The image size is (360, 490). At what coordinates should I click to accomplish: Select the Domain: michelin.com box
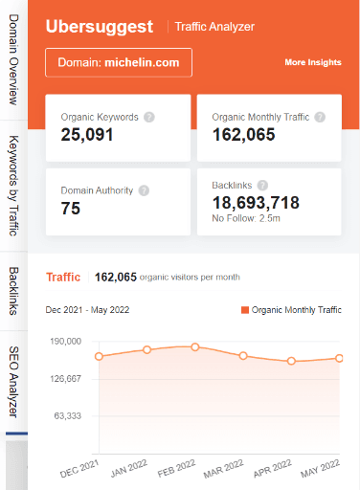coord(119,62)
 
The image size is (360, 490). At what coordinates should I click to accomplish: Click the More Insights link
coord(312,63)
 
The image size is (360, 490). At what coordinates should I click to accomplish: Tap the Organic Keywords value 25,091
coord(87,135)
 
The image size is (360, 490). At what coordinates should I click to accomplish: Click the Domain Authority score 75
coord(71,209)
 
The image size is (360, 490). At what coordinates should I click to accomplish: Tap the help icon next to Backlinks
coord(263,185)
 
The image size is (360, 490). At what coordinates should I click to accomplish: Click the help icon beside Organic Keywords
coord(148,117)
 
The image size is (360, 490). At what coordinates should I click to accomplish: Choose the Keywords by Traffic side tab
coord(14,185)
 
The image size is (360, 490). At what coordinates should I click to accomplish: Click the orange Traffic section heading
coord(63,278)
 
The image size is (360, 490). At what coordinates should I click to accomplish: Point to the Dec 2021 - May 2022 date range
coord(88,310)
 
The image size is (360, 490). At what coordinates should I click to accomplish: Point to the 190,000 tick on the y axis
coord(66,341)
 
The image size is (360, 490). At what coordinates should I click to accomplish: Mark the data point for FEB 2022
coord(195,346)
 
